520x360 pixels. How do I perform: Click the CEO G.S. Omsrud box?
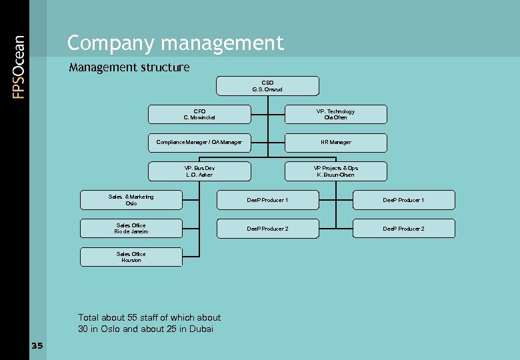click(x=267, y=86)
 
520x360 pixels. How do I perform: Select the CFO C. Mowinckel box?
click(x=199, y=115)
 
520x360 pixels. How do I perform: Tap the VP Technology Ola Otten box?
click(x=335, y=115)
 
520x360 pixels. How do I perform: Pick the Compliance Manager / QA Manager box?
click(x=199, y=143)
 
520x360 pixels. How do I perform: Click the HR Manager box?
click(x=335, y=143)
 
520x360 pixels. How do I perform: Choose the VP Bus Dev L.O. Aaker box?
click(x=199, y=171)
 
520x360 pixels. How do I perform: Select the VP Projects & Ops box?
click(x=335, y=171)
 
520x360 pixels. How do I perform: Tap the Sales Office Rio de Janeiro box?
click(x=131, y=229)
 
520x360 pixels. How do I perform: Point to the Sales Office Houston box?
click(x=131, y=257)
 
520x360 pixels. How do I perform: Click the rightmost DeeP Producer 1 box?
click(x=403, y=200)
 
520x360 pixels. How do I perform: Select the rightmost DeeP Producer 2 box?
click(x=403, y=229)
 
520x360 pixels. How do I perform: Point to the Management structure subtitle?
click(x=129, y=67)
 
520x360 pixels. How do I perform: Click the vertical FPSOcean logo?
click(x=19, y=67)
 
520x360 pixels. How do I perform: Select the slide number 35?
click(x=37, y=345)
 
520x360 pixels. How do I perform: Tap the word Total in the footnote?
click(x=89, y=318)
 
